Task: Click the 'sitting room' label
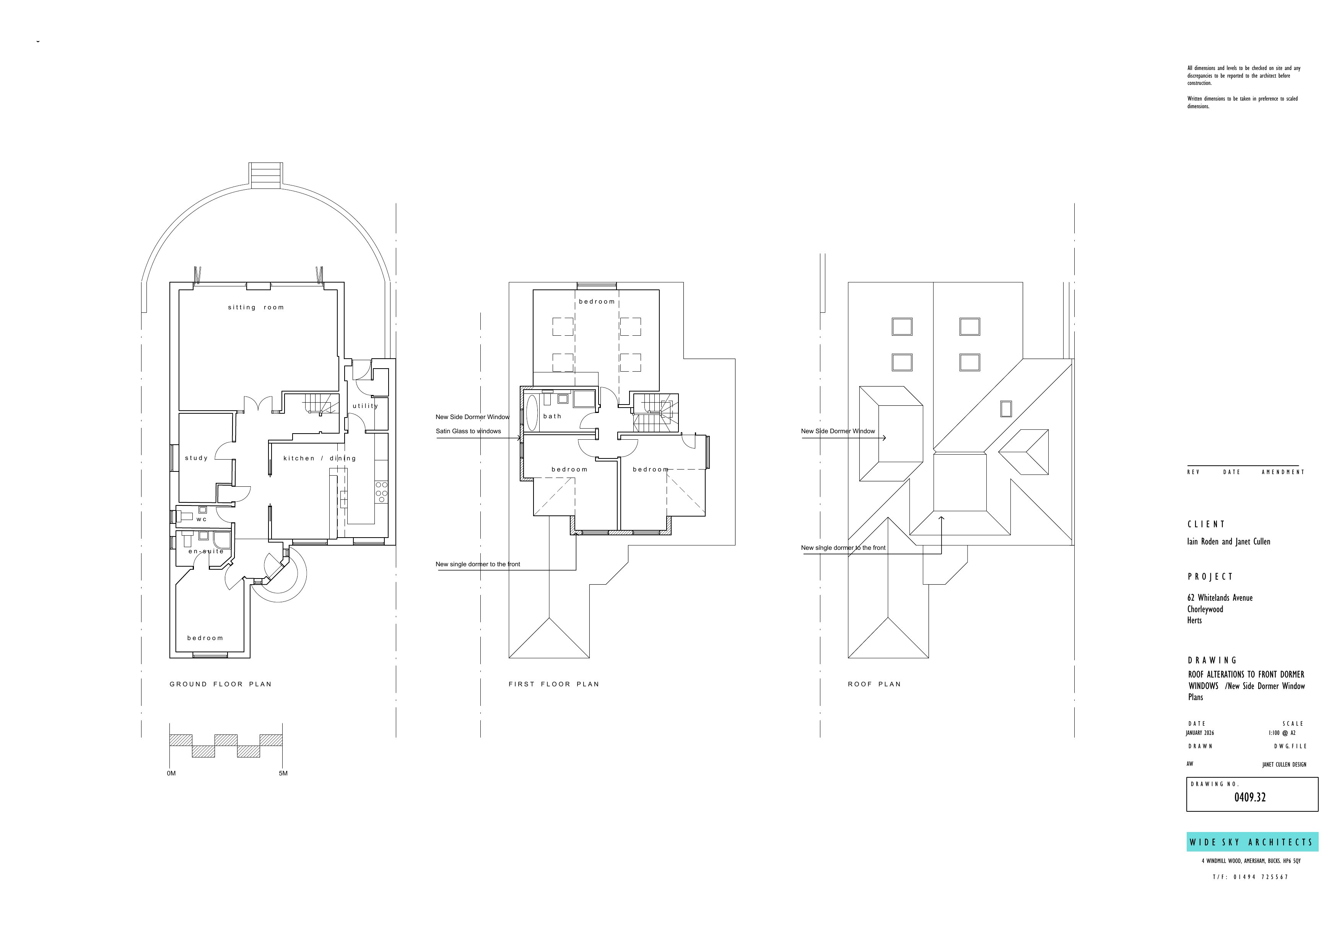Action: click(255, 307)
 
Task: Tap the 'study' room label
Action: click(197, 458)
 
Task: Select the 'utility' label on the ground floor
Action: click(365, 406)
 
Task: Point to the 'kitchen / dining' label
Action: click(319, 458)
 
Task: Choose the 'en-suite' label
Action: click(206, 551)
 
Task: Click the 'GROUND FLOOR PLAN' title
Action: click(220, 684)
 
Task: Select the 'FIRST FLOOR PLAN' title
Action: click(553, 684)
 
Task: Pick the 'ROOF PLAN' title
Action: click(874, 684)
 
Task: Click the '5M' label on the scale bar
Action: click(283, 774)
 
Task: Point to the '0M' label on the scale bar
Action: click(171, 774)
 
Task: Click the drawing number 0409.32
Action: click(1250, 798)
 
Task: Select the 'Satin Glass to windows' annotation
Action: click(468, 431)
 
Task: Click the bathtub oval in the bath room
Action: click(532, 413)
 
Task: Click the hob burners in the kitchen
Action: click(381, 492)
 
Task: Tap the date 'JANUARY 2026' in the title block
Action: click(1200, 733)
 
